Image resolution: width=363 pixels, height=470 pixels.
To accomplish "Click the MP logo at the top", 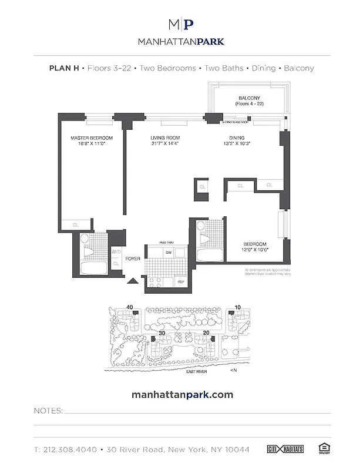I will tap(181, 25).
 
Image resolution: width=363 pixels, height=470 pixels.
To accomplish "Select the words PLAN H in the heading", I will tap(64, 68).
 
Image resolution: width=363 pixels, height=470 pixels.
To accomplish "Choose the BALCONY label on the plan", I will tap(249, 98).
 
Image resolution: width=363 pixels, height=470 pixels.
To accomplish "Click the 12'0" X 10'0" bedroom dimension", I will tap(255, 250).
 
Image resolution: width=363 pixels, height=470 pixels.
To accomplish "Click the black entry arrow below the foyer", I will tap(133, 280).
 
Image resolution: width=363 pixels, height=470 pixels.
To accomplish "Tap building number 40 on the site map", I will tap(130, 306).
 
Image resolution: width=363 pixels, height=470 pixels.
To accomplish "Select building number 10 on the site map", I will tap(237, 307).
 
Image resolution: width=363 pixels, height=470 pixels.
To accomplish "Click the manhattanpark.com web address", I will tap(181, 395).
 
